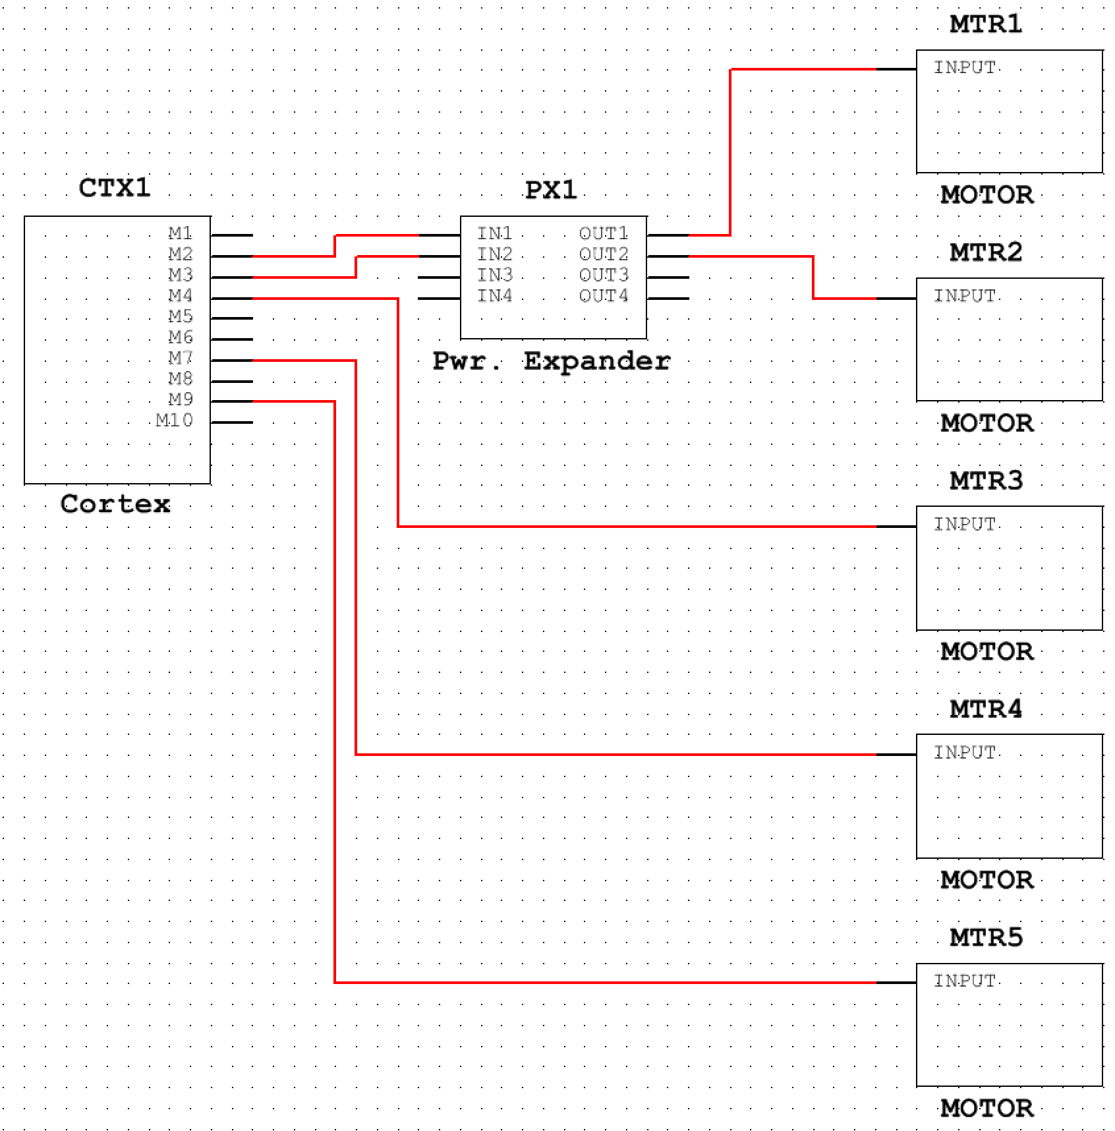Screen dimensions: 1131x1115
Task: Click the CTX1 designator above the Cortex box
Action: pyautogui.click(x=115, y=188)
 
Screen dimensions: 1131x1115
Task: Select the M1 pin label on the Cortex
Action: pyautogui.click(x=180, y=233)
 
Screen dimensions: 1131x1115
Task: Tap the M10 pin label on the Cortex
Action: pyautogui.click(x=175, y=420)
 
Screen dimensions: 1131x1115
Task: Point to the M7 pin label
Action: pyautogui.click(x=180, y=358)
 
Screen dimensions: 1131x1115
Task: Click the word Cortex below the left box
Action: pyautogui.click(x=115, y=504)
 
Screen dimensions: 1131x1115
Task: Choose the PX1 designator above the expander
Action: pyautogui.click(x=550, y=190)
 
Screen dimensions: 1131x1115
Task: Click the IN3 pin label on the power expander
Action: pyautogui.click(x=494, y=275)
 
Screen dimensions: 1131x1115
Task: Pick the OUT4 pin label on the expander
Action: pyautogui.click(x=603, y=296)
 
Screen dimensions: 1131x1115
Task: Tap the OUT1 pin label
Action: pyautogui.click(x=603, y=233)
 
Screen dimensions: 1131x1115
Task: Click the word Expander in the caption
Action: pyautogui.click(x=596, y=361)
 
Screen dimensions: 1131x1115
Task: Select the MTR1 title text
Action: pyautogui.click(x=986, y=24)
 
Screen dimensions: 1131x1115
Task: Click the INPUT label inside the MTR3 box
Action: pyautogui.click(x=964, y=525)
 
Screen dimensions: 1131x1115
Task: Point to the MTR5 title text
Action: pyautogui.click(x=986, y=937)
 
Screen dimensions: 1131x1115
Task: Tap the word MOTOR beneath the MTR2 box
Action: pyautogui.click(x=986, y=423)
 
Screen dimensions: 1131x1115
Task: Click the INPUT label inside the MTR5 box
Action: pyautogui.click(x=964, y=981)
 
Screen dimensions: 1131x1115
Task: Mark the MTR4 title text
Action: pyautogui.click(x=986, y=709)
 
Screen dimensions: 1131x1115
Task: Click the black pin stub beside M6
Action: pyautogui.click(x=232, y=339)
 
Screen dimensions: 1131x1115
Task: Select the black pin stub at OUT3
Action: pyautogui.click(x=668, y=277)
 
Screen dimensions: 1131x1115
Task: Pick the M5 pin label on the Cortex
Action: pyautogui.click(x=180, y=316)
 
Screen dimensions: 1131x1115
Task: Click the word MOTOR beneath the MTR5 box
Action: pyautogui.click(x=986, y=1109)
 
